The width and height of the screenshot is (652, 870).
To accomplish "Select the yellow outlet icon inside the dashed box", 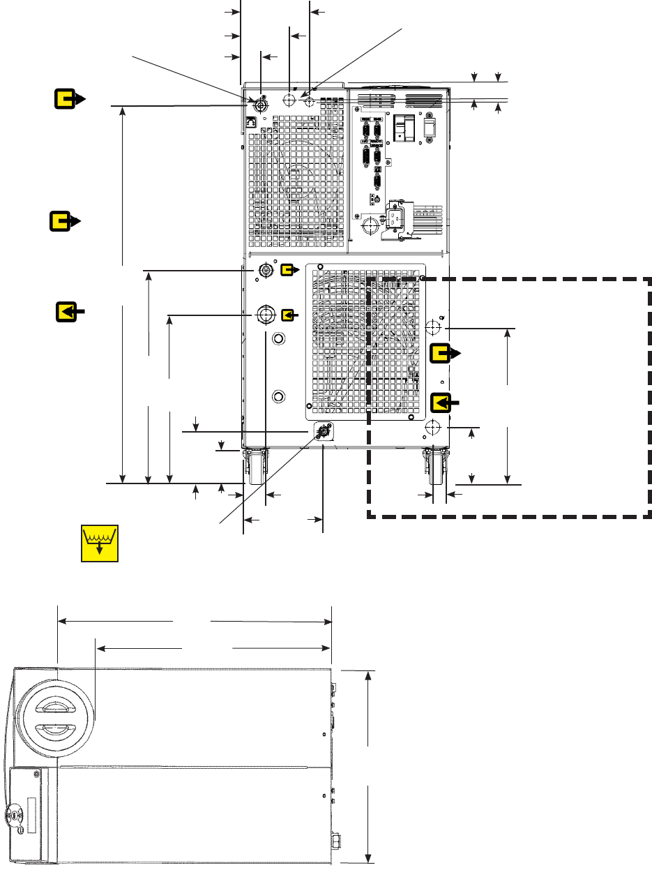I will [x=442, y=354].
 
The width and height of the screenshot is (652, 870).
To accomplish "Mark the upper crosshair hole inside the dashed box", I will [x=433, y=327].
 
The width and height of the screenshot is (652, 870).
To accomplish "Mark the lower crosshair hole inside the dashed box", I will [x=433, y=426].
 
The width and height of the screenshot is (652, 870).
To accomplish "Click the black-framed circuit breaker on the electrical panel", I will [x=400, y=128].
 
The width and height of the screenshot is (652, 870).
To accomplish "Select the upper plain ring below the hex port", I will [x=278, y=339].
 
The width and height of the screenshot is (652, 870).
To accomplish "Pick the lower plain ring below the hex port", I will [x=278, y=397].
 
